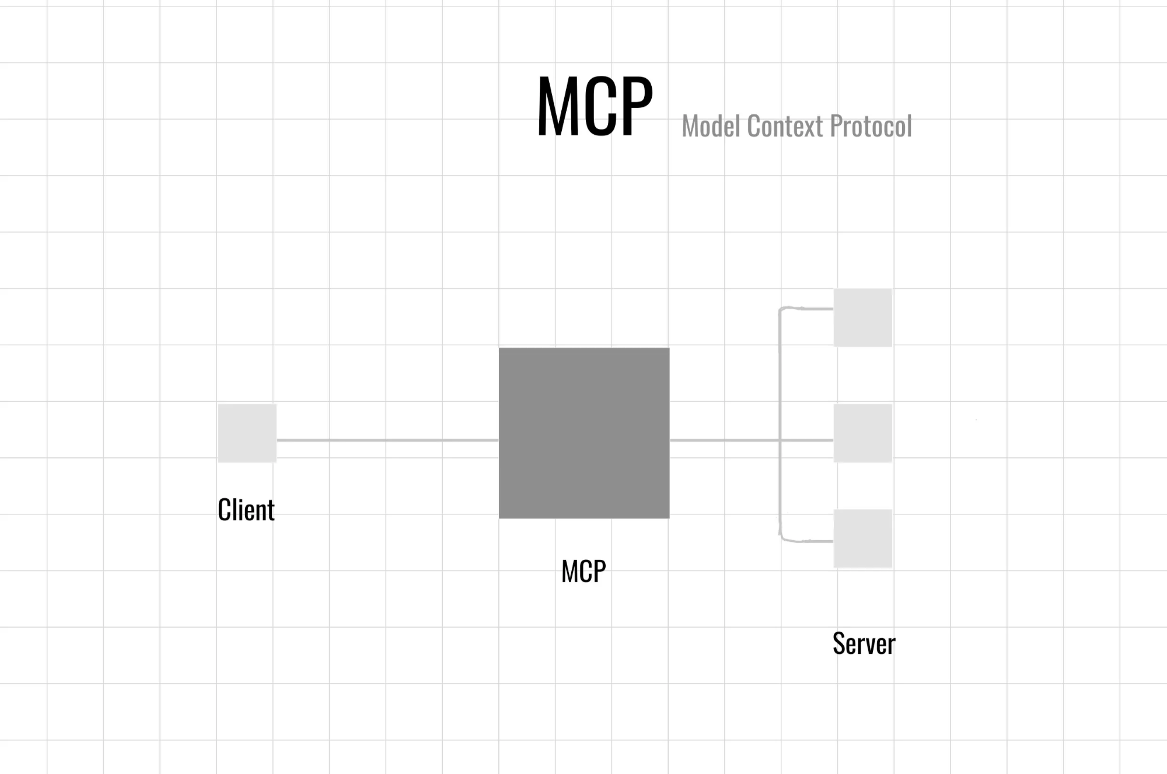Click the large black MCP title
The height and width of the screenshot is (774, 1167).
click(x=594, y=107)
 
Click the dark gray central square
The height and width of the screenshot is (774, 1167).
click(x=584, y=433)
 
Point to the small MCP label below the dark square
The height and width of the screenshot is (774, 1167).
click(x=583, y=571)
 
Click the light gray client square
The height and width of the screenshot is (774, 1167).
click(x=247, y=433)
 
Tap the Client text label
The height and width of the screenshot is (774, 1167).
click(x=246, y=510)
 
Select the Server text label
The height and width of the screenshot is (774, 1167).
click(x=864, y=643)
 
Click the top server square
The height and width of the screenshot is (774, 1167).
click(x=862, y=317)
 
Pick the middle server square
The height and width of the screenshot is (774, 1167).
click(x=862, y=433)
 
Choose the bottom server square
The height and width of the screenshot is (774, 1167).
click(x=862, y=538)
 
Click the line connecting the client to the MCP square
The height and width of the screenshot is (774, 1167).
click(x=387, y=440)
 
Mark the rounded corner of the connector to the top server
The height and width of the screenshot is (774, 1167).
click(x=781, y=309)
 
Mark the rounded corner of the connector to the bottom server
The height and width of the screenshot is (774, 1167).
click(x=782, y=539)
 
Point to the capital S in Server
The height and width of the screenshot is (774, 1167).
click(x=839, y=643)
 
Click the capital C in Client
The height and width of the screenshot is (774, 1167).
click(x=224, y=510)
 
